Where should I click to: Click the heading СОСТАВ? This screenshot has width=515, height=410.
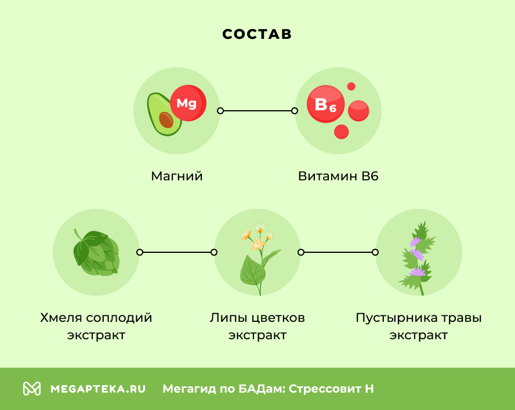click(257, 34)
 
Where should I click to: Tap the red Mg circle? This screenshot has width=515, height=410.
click(187, 103)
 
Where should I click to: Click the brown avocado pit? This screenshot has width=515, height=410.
click(166, 119)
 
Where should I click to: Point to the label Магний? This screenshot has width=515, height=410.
click(177, 176)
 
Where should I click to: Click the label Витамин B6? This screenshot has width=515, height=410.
click(338, 176)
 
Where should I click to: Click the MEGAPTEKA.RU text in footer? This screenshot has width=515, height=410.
click(98, 389)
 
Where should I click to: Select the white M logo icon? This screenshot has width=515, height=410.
click(32, 389)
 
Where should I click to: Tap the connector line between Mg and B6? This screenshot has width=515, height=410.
click(257, 110)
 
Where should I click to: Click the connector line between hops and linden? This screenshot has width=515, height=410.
click(176, 252)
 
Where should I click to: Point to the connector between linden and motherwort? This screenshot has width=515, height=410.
click(338, 252)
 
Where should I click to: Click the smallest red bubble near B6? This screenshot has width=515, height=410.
click(351, 86)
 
